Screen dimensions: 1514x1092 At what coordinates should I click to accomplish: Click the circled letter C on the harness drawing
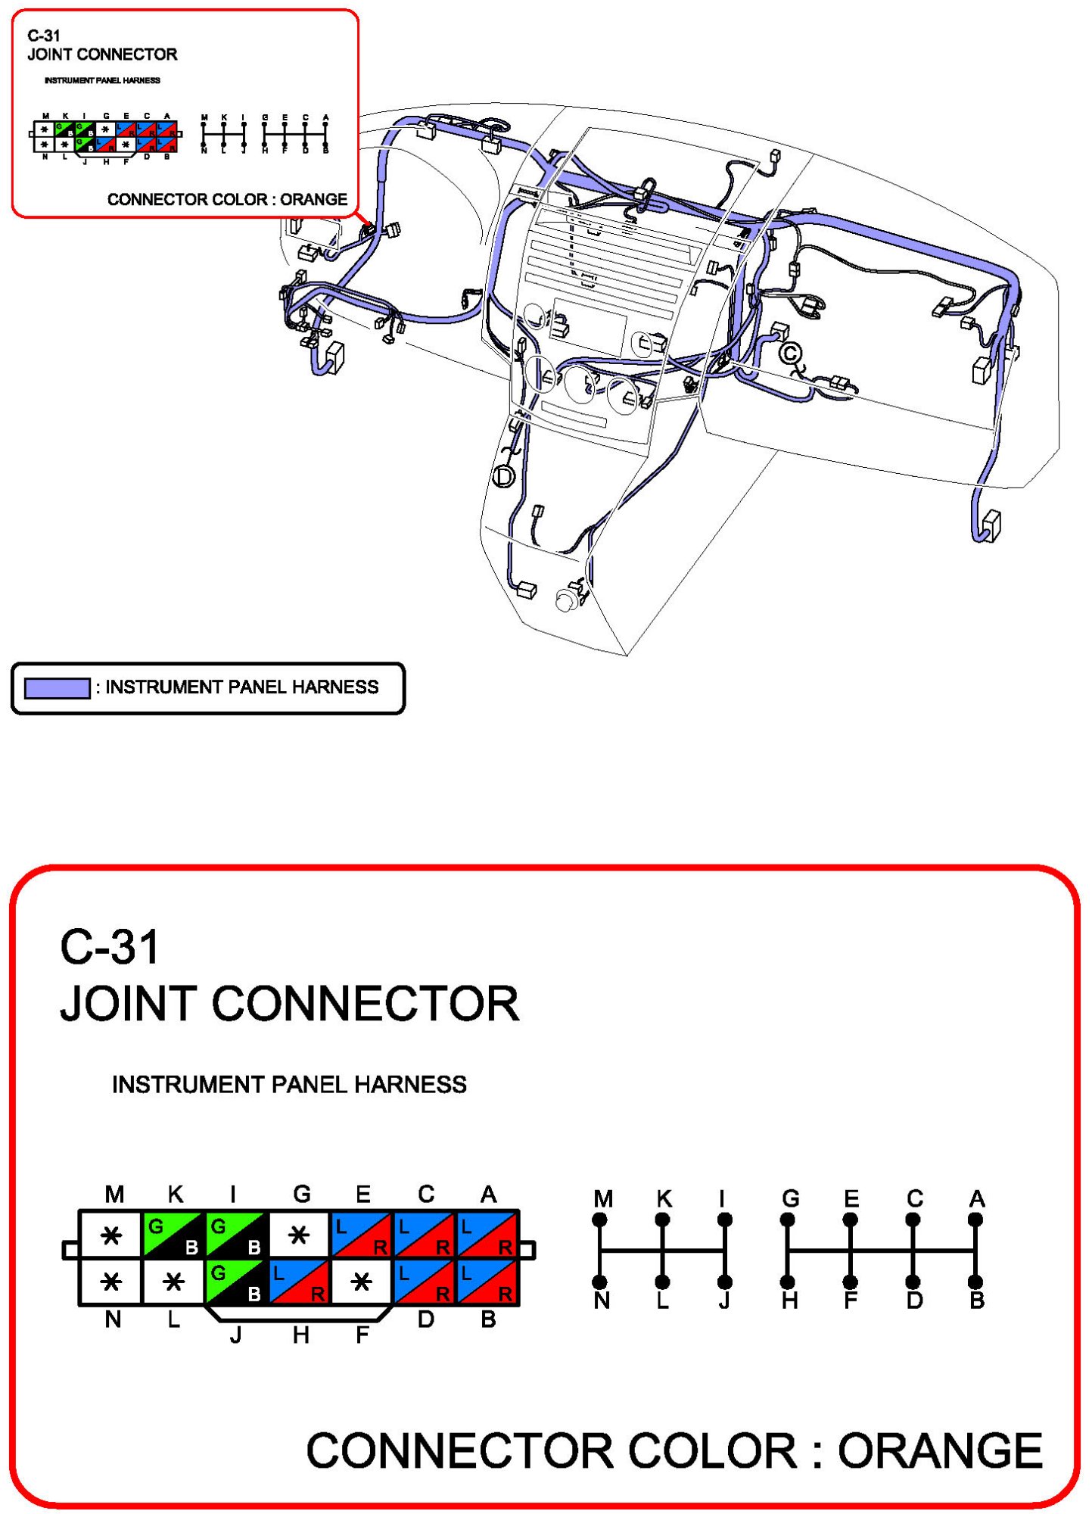tap(789, 353)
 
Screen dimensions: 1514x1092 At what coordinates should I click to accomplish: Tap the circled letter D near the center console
tap(503, 476)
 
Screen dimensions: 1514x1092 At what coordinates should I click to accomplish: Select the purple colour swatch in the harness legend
tap(57, 687)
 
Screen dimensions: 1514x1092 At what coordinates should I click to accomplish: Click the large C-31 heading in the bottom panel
tap(110, 946)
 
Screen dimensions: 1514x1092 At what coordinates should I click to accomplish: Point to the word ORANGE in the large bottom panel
tap(940, 1450)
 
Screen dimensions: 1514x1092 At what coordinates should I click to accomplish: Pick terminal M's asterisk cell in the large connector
tap(111, 1235)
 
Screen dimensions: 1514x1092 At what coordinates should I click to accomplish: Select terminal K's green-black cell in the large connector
tap(173, 1235)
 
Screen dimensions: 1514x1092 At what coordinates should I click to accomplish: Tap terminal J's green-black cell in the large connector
tap(236, 1282)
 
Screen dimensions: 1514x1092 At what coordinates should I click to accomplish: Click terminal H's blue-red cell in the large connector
tap(299, 1282)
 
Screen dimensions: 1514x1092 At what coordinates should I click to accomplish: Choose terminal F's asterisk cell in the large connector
tap(362, 1282)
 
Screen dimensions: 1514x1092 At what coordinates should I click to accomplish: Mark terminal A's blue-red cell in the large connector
tap(488, 1235)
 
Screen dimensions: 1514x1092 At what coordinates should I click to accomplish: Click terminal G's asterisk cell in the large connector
tap(299, 1235)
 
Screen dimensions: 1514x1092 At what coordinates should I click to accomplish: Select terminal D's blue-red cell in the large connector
tap(425, 1282)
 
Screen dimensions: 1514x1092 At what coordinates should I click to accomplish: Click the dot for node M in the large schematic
tap(600, 1220)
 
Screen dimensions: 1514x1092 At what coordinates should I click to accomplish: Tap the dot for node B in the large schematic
tap(975, 1282)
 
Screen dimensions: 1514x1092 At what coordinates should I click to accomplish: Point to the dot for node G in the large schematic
tap(788, 1220)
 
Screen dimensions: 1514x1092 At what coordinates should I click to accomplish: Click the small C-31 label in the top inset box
tap(44, 36)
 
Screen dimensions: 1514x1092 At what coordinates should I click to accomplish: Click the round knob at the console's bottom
tap(565, 601)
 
